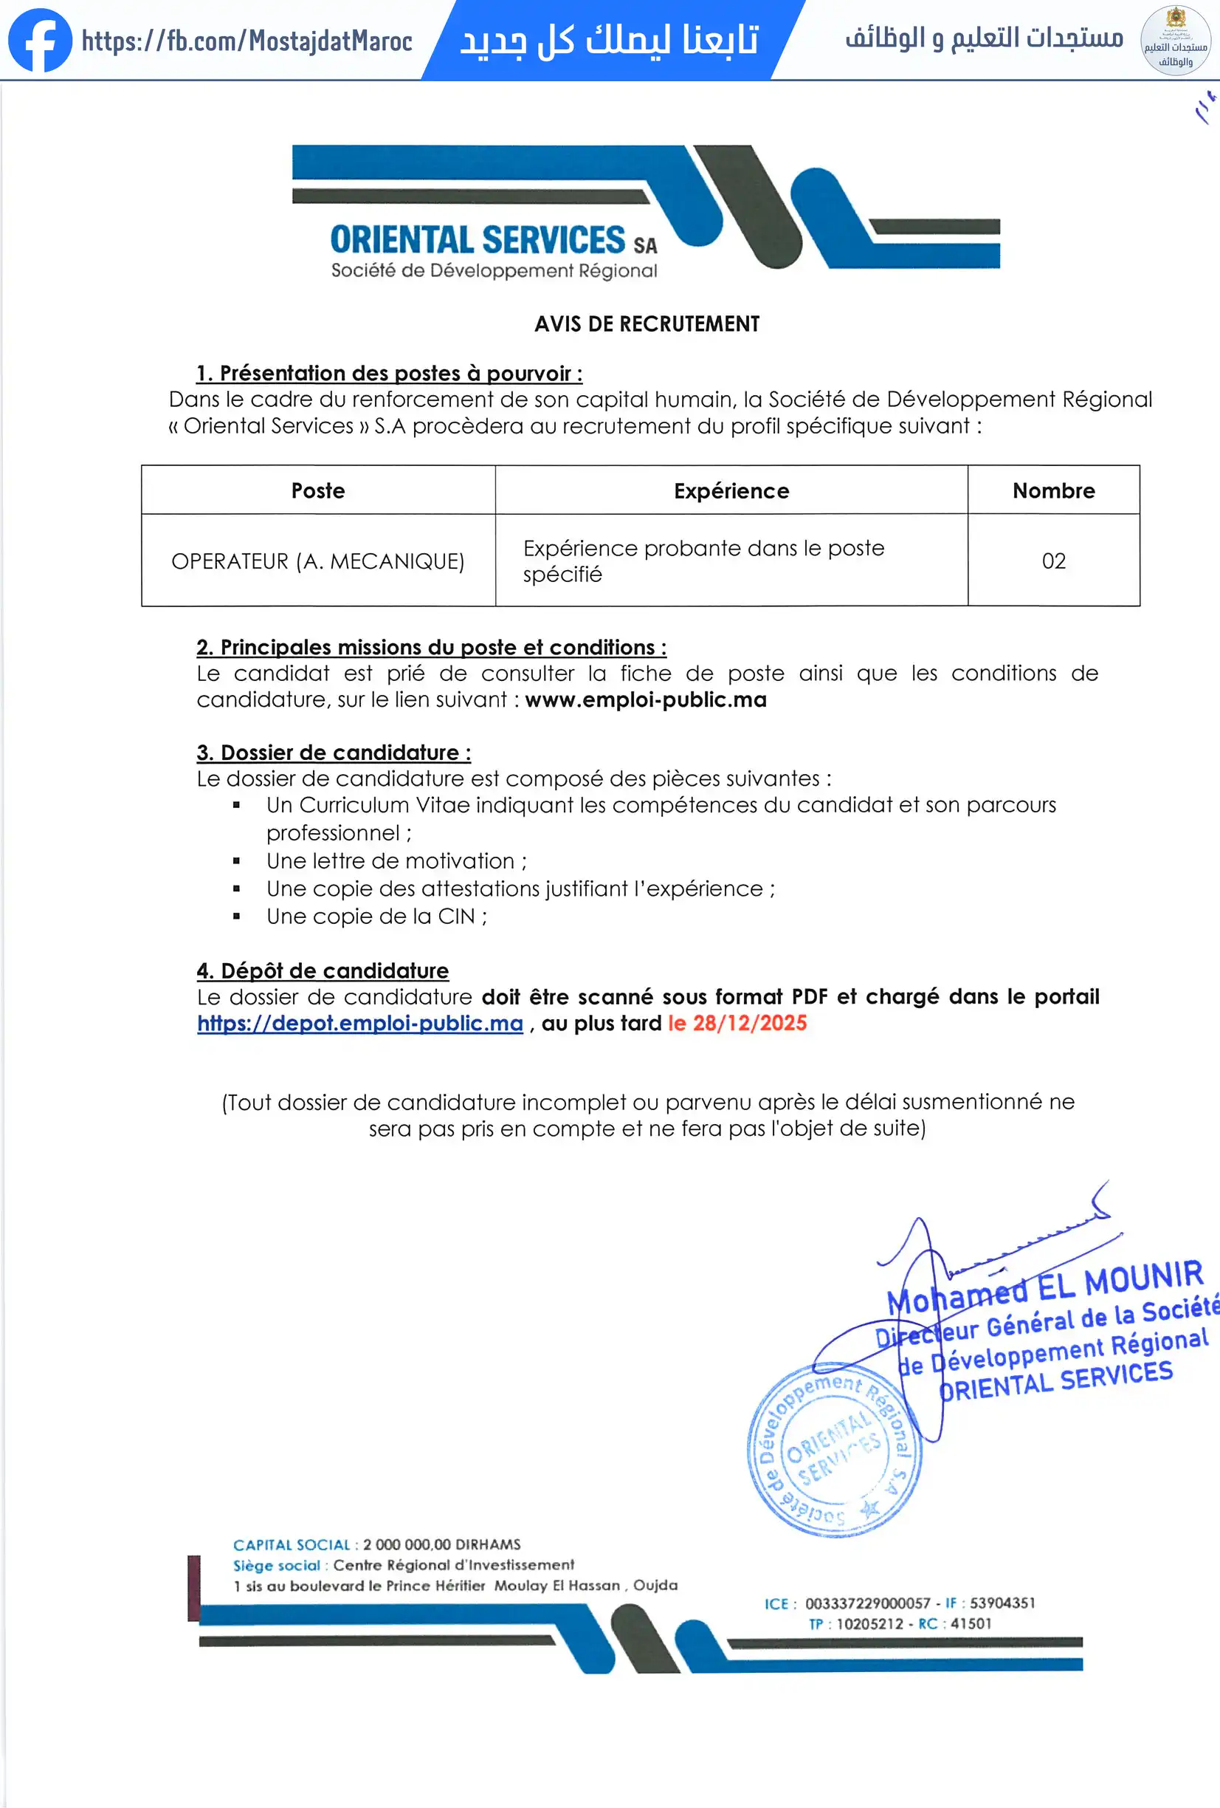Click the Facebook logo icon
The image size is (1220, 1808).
tap(40, 41)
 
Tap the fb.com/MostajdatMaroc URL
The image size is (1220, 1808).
tap(247, 41)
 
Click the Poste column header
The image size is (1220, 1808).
tap(318, 491)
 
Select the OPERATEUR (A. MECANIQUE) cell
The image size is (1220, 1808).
tap(318, 561)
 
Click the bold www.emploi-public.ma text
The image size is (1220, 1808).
tap(645, 699)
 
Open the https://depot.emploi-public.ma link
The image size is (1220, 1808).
tap(360, 1023)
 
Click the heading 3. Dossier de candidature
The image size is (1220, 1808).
tap(334, 753)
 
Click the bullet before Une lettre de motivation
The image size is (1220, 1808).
tap(236, 861)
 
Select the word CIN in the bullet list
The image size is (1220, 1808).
tap(455, 917)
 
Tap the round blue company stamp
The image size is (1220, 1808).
tap(833, 1449)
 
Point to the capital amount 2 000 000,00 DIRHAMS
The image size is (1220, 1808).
tap(441, 1544)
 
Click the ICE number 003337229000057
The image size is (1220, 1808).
tap(867, 1603)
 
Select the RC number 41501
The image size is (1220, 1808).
tap(971, 1623)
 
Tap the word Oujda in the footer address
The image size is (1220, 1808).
tap(655, 1586)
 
